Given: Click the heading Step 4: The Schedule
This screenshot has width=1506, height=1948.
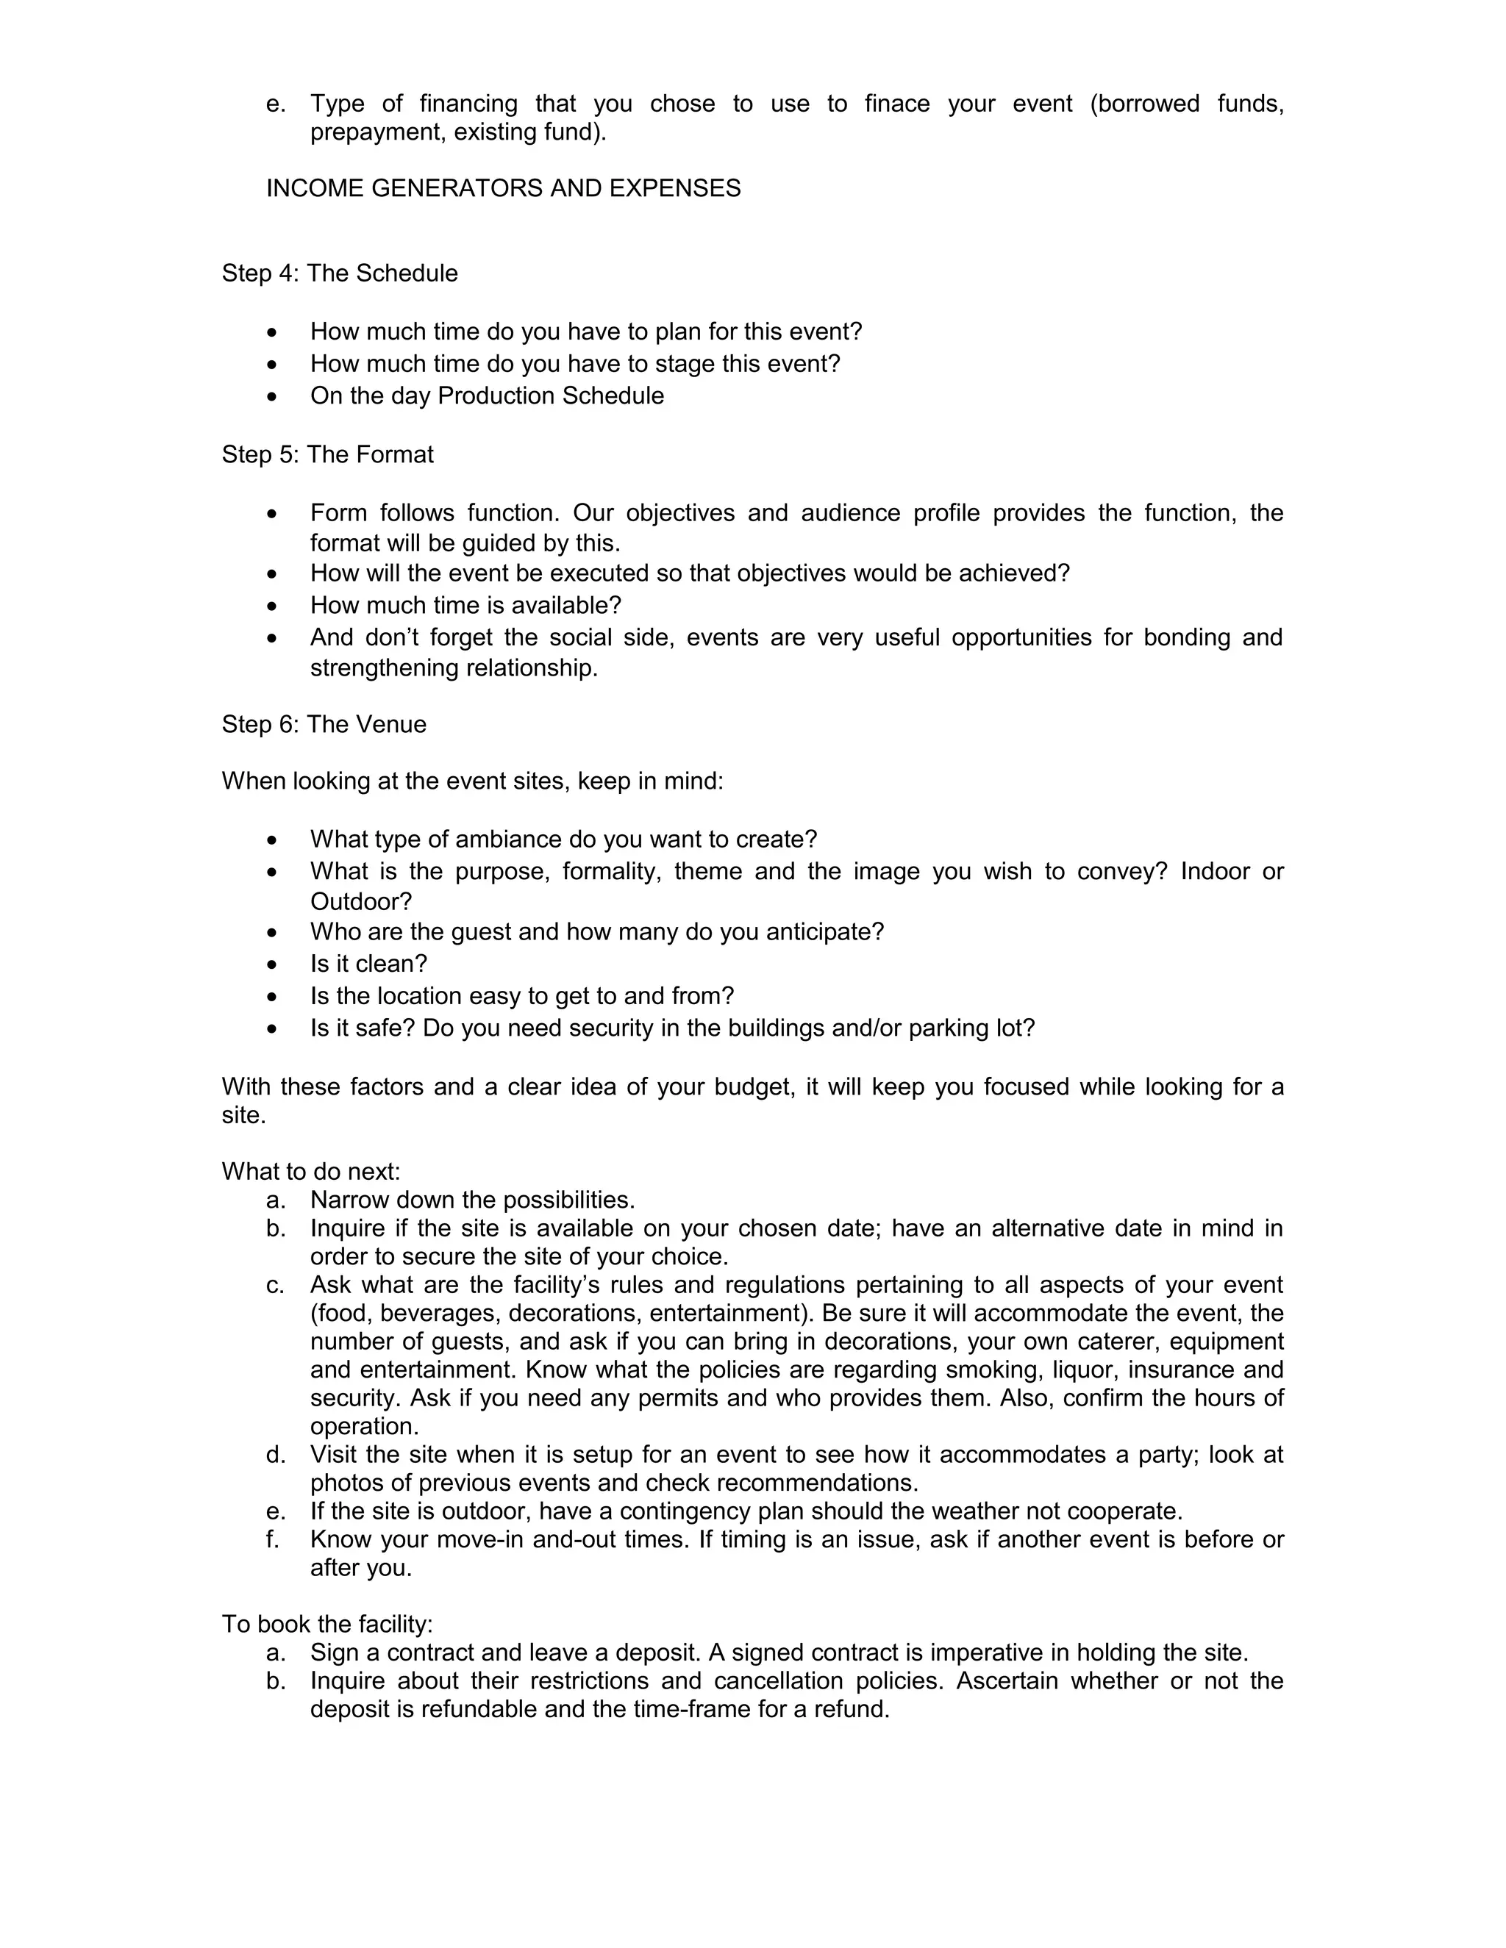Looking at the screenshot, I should [339, 273].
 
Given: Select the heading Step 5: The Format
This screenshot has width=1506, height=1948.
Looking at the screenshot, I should [327, 454].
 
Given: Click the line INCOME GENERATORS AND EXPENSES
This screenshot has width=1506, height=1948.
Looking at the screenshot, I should [503, 188].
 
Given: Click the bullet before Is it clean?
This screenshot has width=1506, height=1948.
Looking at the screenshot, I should [272, 964].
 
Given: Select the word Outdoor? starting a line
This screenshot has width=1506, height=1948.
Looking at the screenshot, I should [360, 901].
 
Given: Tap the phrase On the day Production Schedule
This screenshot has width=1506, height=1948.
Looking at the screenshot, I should [487, 396].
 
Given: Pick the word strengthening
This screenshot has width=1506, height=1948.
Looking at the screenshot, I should [385, 668].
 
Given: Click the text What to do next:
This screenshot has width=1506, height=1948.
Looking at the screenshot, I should [310, 1171].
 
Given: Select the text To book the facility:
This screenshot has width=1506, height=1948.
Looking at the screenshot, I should [326, 1623].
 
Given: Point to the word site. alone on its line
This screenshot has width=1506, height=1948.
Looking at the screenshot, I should [243, 1116].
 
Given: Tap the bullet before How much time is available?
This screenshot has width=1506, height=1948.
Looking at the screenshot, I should [272, 606].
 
